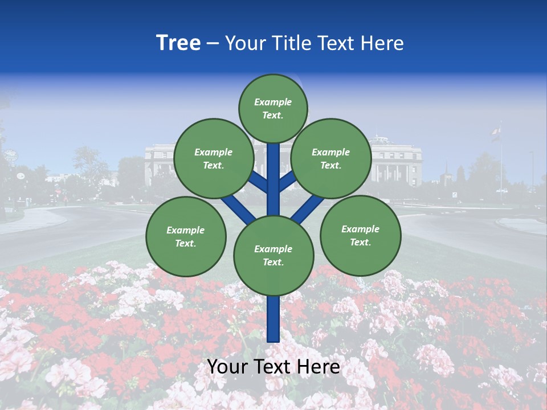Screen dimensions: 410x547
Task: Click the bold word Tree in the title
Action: pos(178,43)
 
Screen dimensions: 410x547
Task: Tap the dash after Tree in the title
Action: pos(213,44)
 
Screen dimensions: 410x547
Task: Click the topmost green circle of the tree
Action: pos(273,108)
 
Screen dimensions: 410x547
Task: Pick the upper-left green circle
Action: pos(214,158)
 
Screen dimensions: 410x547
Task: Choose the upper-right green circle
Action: pos(331,158)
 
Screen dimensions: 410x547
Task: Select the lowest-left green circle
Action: pos(186,236)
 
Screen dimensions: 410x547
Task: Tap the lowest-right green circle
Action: pos(360,235)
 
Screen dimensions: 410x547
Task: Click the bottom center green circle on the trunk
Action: pos(273,255)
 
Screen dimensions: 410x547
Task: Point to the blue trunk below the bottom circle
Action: pos(273,319)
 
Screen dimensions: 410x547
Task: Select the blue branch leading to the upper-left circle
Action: pos(258,182)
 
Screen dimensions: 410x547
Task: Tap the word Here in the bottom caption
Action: pos(320,367)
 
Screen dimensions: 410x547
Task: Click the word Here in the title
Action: pos(382,43)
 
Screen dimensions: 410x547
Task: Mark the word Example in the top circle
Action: pos(273,102)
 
